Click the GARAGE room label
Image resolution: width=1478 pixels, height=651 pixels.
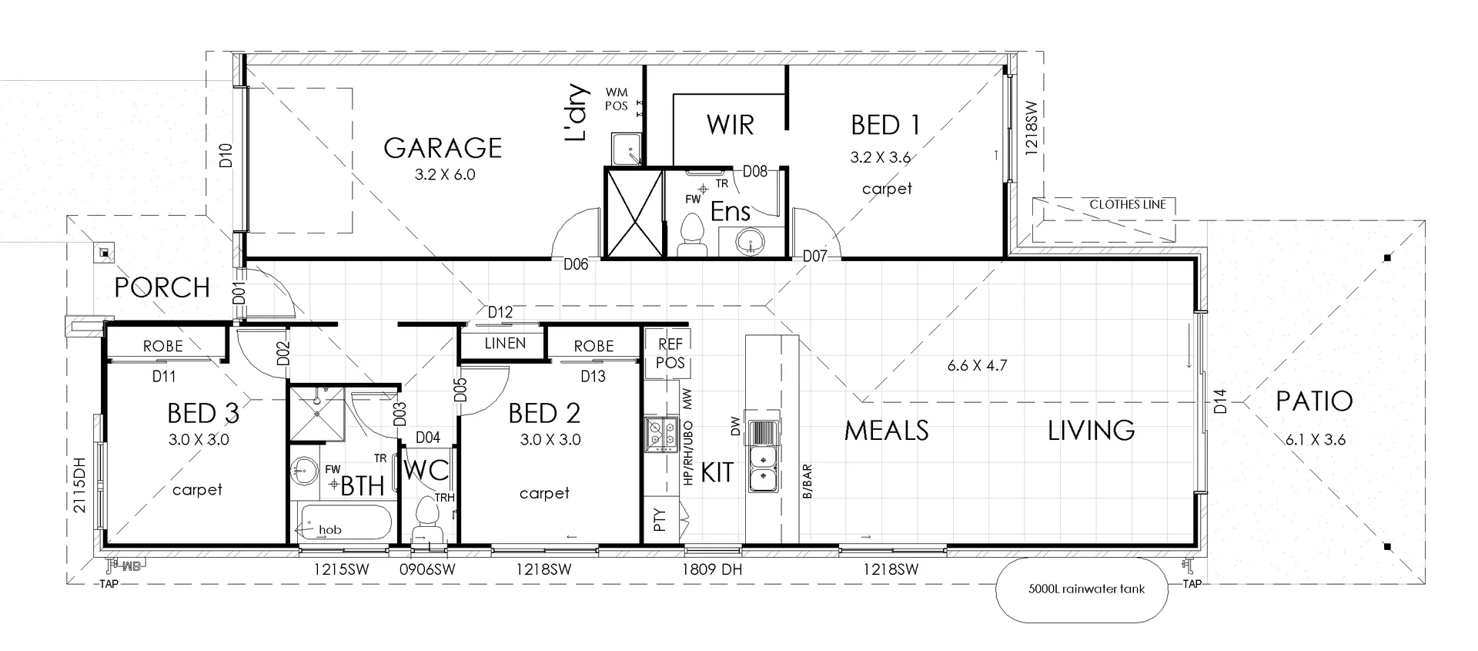coord(443,147)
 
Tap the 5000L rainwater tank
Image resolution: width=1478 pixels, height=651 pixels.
coord(1082,589)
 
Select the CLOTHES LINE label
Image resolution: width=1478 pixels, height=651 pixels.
coord(1128,204)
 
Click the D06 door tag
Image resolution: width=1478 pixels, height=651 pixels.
coord(576,264)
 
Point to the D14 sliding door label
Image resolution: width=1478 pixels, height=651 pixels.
coord(1219,401)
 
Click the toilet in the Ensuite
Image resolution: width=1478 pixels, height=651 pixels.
coord(693,233)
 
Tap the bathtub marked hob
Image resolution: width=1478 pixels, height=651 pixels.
coord(345,522)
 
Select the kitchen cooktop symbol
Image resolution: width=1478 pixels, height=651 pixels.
coord(660,434)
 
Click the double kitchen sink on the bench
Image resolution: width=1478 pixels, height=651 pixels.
coord(763,466)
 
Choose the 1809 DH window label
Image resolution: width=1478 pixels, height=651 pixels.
coord(711,570)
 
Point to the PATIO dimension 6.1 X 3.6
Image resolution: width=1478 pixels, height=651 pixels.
coord(1315,440)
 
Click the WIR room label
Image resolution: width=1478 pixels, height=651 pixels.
coord(730,125)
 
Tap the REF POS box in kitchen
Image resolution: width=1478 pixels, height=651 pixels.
coord(670,354)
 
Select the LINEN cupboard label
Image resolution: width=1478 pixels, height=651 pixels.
coord(505,343)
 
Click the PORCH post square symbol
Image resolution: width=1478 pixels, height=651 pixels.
coord(103,253)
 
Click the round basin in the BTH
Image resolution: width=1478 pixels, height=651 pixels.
coord(307,470)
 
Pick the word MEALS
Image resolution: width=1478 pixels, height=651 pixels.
coord(886,430)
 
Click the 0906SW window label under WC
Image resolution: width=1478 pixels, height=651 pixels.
coord(427,570)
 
